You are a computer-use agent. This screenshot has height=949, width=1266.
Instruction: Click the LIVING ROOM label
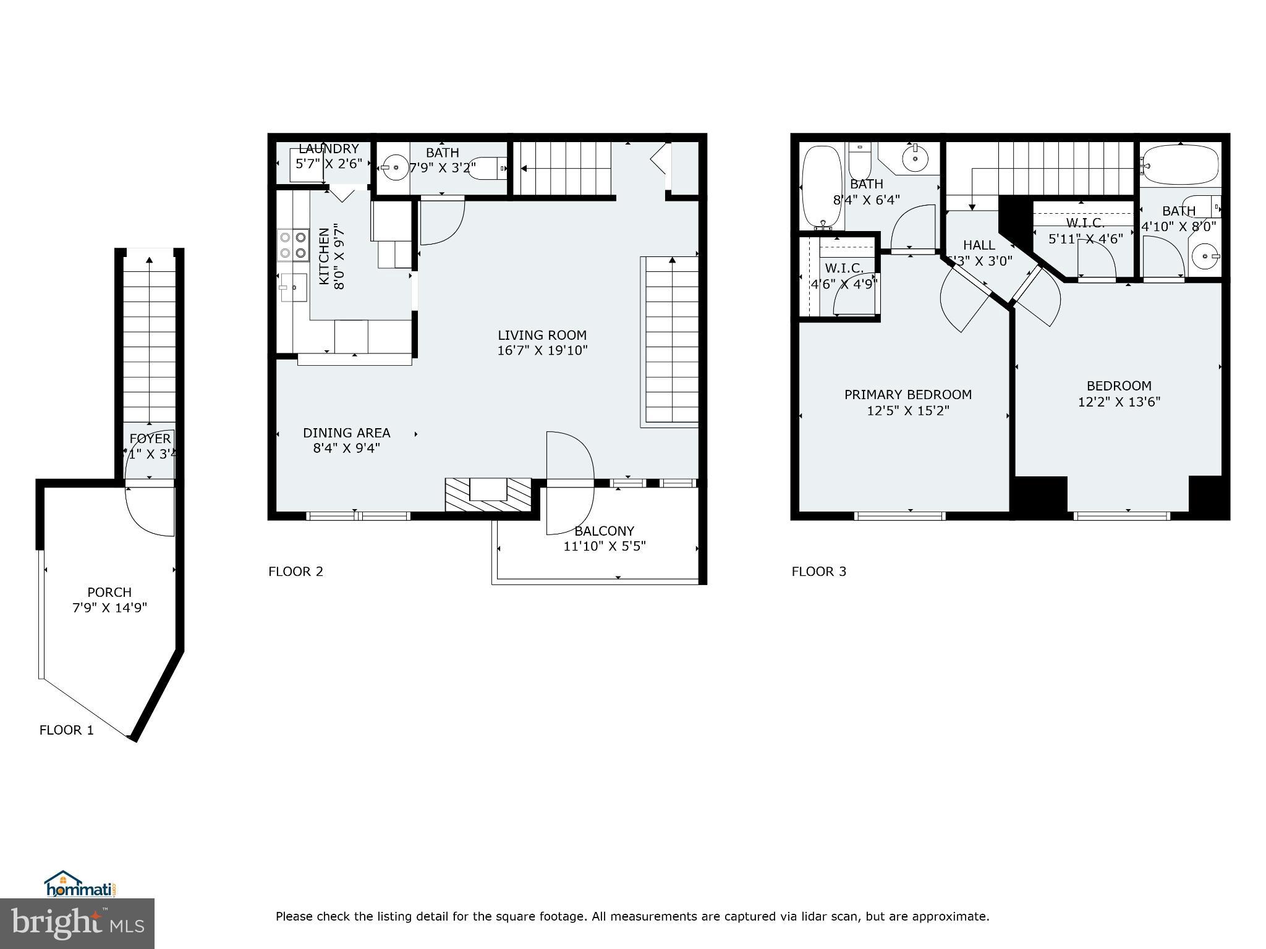pos(542,335)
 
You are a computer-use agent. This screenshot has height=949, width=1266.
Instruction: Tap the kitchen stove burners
pos(293,244)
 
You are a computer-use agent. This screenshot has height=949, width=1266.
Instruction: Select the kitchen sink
pos(294,287)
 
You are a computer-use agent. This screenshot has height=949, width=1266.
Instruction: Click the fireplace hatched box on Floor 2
pos(488,494)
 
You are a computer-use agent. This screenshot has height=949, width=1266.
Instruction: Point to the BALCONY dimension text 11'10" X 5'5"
pos(604,546)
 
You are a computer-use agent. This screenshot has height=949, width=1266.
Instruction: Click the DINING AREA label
pos(346,433)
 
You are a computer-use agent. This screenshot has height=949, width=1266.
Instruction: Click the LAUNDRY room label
pos(328,149)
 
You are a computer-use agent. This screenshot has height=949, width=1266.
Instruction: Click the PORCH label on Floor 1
pos(109,592)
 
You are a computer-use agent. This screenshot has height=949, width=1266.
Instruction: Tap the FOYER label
pos(150,439)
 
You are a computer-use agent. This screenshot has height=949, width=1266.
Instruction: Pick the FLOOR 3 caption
pos(818,572)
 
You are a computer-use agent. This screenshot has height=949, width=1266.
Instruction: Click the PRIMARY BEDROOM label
pos(907,395)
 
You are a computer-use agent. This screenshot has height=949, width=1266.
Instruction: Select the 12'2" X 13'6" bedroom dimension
pos(1119,402)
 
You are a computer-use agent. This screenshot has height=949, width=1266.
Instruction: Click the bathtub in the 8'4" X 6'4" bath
pos(821,186)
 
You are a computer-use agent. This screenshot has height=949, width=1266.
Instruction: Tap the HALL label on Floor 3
pos(979,245)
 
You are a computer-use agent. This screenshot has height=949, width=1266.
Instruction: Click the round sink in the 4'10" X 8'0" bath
pos(1205,256)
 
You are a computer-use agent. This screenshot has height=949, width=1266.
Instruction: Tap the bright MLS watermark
pos(77,923)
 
